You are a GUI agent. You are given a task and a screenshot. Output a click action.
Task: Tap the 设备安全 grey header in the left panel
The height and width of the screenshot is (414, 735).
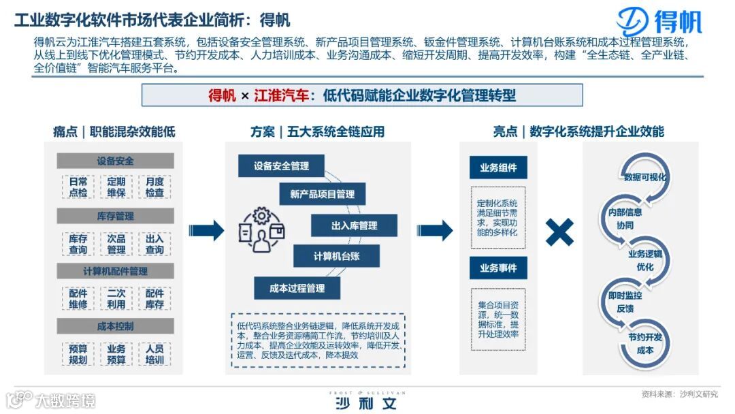(115, 161)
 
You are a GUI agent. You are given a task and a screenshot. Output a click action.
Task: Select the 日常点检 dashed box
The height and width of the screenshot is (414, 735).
(78, 187)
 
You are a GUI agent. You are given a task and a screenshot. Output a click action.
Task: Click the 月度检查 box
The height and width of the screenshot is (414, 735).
(154, 187)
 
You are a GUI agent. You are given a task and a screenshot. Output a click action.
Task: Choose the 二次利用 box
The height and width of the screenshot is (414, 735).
(116, 299)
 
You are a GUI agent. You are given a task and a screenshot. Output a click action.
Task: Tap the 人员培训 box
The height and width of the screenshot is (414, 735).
(154, 354)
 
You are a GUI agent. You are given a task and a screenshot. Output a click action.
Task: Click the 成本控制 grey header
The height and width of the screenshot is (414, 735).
(115, 326)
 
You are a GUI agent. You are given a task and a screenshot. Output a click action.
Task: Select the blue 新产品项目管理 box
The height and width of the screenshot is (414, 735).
(322, 195)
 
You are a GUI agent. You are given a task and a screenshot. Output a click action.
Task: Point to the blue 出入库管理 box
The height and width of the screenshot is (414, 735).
(354, 225)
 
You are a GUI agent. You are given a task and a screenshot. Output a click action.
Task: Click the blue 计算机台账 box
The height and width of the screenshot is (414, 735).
(336, 256)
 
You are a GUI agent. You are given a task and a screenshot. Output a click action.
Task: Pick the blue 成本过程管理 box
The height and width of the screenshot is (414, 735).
(297, 288)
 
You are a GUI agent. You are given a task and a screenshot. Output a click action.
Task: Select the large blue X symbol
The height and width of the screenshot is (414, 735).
(559, 232)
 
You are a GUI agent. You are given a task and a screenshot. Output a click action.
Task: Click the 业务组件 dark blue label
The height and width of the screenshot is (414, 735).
(498, 168)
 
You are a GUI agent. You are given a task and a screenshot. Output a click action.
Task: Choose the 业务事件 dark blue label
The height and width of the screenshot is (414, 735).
(498, 268)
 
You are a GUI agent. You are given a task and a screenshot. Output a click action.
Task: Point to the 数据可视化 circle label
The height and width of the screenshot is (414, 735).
(644, 177)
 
